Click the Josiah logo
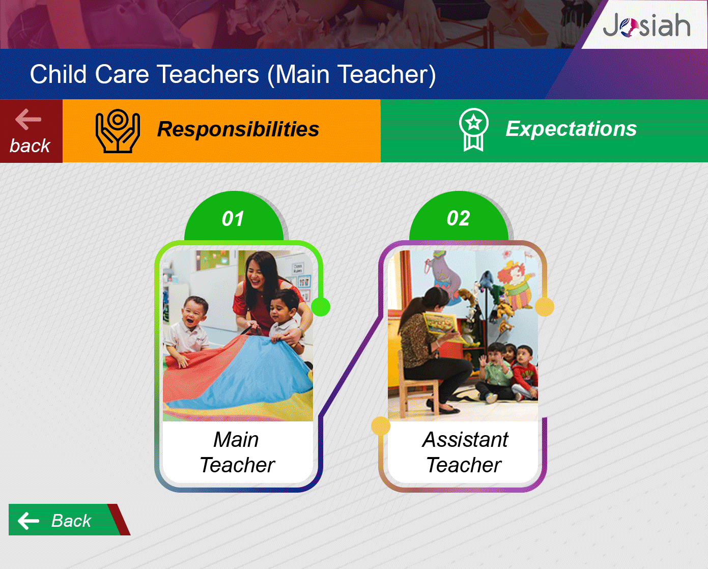[646, 25]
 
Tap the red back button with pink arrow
[31, 131]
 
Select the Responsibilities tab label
[238, 129]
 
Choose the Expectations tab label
[571, 128]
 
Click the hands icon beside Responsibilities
[118, 131]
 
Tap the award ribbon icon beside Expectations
[473, 130]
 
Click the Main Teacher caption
[237, 452]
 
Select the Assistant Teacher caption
[465, 452]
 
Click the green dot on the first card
[321, 306]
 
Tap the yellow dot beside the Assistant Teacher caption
[381, 426]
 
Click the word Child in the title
[58, 74]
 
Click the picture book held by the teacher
[440, 327]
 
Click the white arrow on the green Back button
[29, 521]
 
